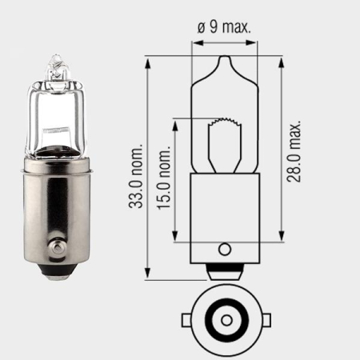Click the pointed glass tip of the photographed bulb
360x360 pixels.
tap(55, 58)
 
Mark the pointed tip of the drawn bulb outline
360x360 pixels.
tap(225, 58)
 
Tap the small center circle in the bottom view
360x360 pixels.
tap(225, 319)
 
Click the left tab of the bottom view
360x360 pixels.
tap(187, 319)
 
